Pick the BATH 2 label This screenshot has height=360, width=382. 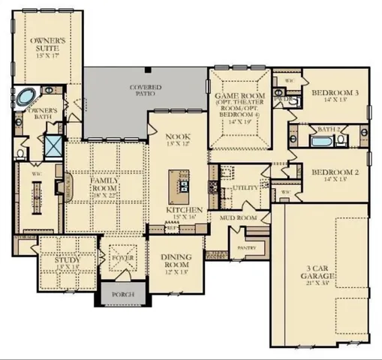tap(329, 130)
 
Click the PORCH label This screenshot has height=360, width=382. tap(122, 295)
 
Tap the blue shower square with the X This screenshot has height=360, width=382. tap(55, 145)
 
